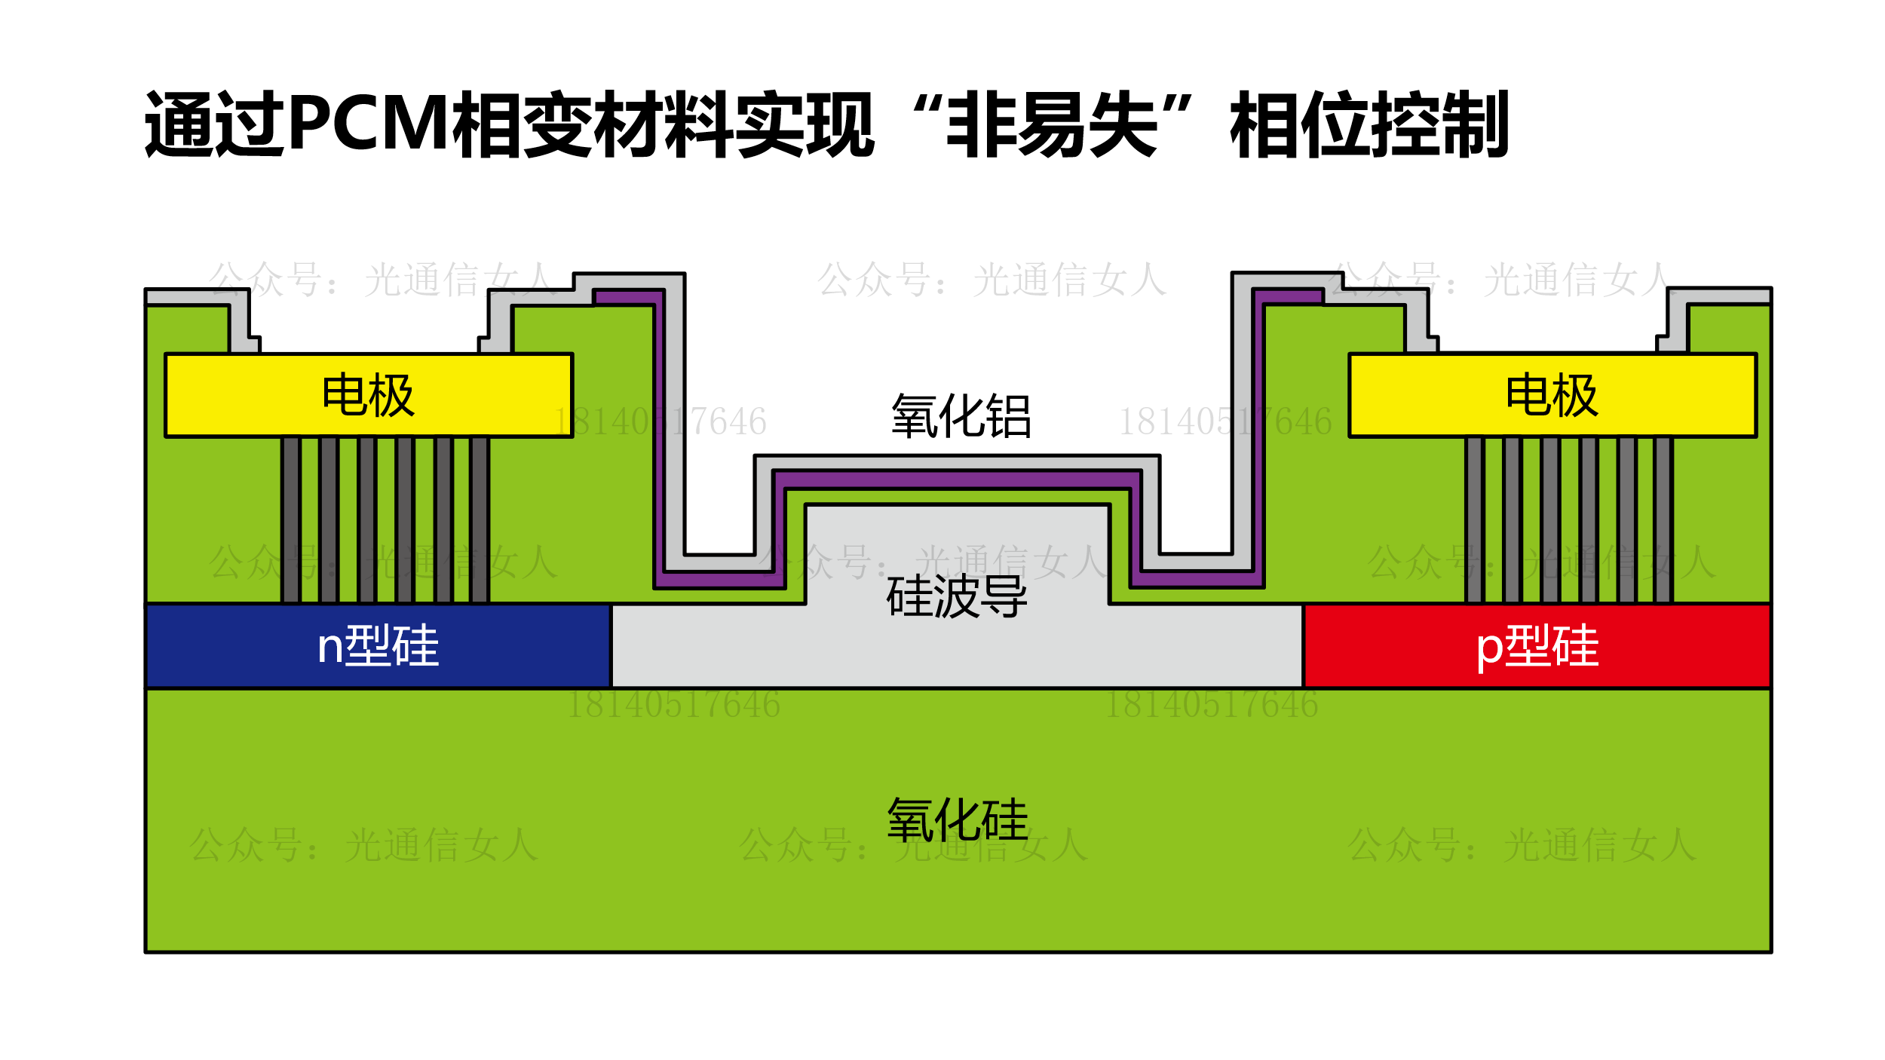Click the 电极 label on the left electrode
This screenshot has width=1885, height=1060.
(368, 395)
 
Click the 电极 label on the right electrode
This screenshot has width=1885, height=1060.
(1551, 395)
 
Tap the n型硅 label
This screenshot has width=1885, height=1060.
(378, 646)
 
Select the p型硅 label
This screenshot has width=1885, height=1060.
(1537, 646)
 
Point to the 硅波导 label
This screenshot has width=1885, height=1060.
(957, 596)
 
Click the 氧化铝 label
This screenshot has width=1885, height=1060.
(961, 416)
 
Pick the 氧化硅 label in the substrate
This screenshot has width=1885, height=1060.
(958, 820)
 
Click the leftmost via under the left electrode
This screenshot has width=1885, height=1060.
(291, 520)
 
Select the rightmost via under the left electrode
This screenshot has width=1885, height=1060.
(480, 520)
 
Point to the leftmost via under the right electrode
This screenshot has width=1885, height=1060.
(1474, 520)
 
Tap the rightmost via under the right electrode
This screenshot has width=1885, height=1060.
(1663, 520)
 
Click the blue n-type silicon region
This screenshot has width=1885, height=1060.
(226, 646)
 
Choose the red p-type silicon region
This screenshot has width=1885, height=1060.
(1696, 646)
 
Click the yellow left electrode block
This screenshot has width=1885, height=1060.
(226, 395)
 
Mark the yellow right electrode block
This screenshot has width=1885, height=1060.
(1696, 395)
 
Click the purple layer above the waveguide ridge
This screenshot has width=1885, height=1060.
(957, 479)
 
